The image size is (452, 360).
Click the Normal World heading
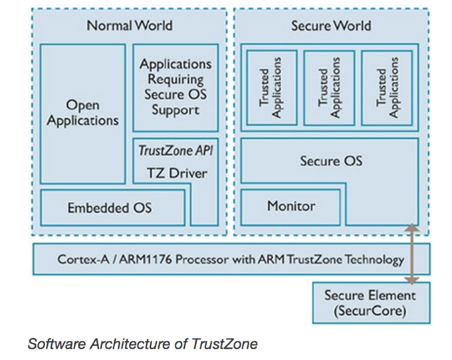click(129, 26)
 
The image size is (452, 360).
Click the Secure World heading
click(330, 26)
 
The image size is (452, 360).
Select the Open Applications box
click(83, 113)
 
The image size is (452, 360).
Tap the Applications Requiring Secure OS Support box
click(175, 87)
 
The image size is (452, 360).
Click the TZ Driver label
click(176, 173)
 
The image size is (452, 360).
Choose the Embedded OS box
click(110, 208)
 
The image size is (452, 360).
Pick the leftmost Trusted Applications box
click(272, 87)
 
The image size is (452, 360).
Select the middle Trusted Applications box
click(329, 87)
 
